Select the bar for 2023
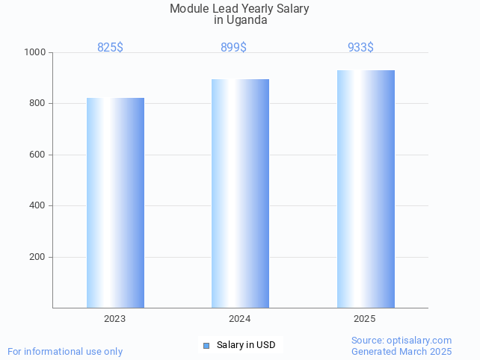click(x=115, y=202)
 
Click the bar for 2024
click(x=240, y=193)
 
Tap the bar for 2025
click(x=366, y=189)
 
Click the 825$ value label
click(x=110, y=48)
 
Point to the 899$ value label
click(x=233, y=48)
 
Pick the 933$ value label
click(x=360, y=48)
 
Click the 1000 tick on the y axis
click(x=35, y=53)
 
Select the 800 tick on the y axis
click(x=37, y=104)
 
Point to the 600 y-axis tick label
click(x=37, y=155)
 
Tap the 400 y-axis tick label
click(x=37, y=206)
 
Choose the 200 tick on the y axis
click(x=37, y=257)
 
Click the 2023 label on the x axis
click(x=114, y=319)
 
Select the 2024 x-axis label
click(x=239, y=319)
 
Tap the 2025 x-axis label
click(x=365, y=319)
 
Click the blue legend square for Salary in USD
click(x=206, y=345)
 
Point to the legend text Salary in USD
click(x=246, y=345)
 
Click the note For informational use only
click(x=65, y=351)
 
